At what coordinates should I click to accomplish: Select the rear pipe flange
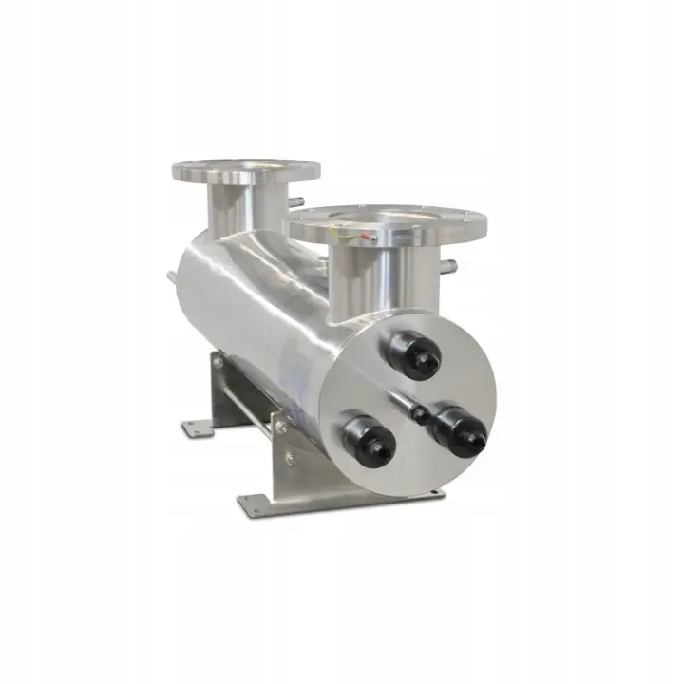pos(245,173)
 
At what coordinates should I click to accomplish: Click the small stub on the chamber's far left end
pos(169,277)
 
